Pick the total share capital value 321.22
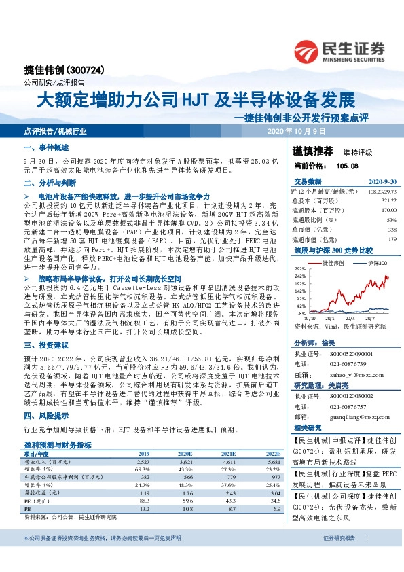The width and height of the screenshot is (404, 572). [388, 201]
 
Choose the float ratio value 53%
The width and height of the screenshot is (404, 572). [391, 220]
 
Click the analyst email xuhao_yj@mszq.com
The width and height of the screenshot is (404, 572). [346, 374]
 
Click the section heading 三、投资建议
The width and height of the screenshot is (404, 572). [43, 344]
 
